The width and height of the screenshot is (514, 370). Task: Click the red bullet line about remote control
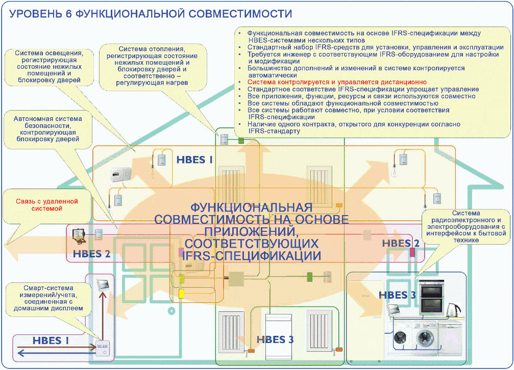click(337, 82)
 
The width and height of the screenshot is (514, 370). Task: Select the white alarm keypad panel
click(121, 175)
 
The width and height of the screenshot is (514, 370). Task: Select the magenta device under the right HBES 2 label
click(413, 252)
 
